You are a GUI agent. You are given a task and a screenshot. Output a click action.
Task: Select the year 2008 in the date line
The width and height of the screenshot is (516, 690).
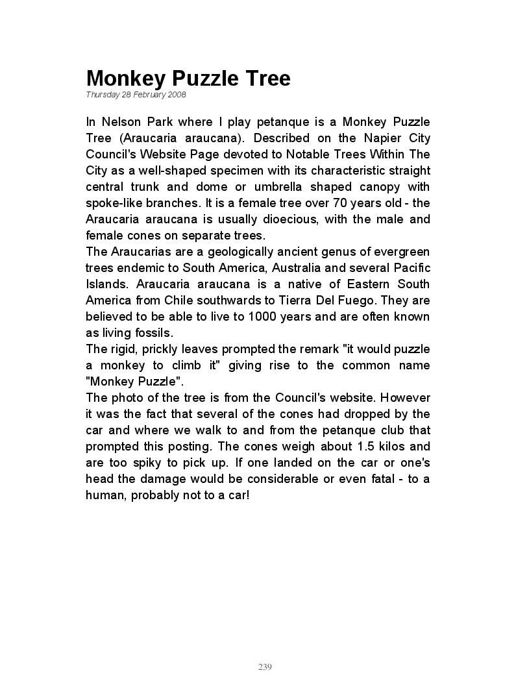[177, 95]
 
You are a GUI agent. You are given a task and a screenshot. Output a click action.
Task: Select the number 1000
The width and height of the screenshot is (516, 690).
[246, 317]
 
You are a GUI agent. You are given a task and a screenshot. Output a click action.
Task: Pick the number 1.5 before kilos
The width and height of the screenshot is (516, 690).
[367, 447]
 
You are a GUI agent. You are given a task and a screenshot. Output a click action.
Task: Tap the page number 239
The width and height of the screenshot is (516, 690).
[265, 667]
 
